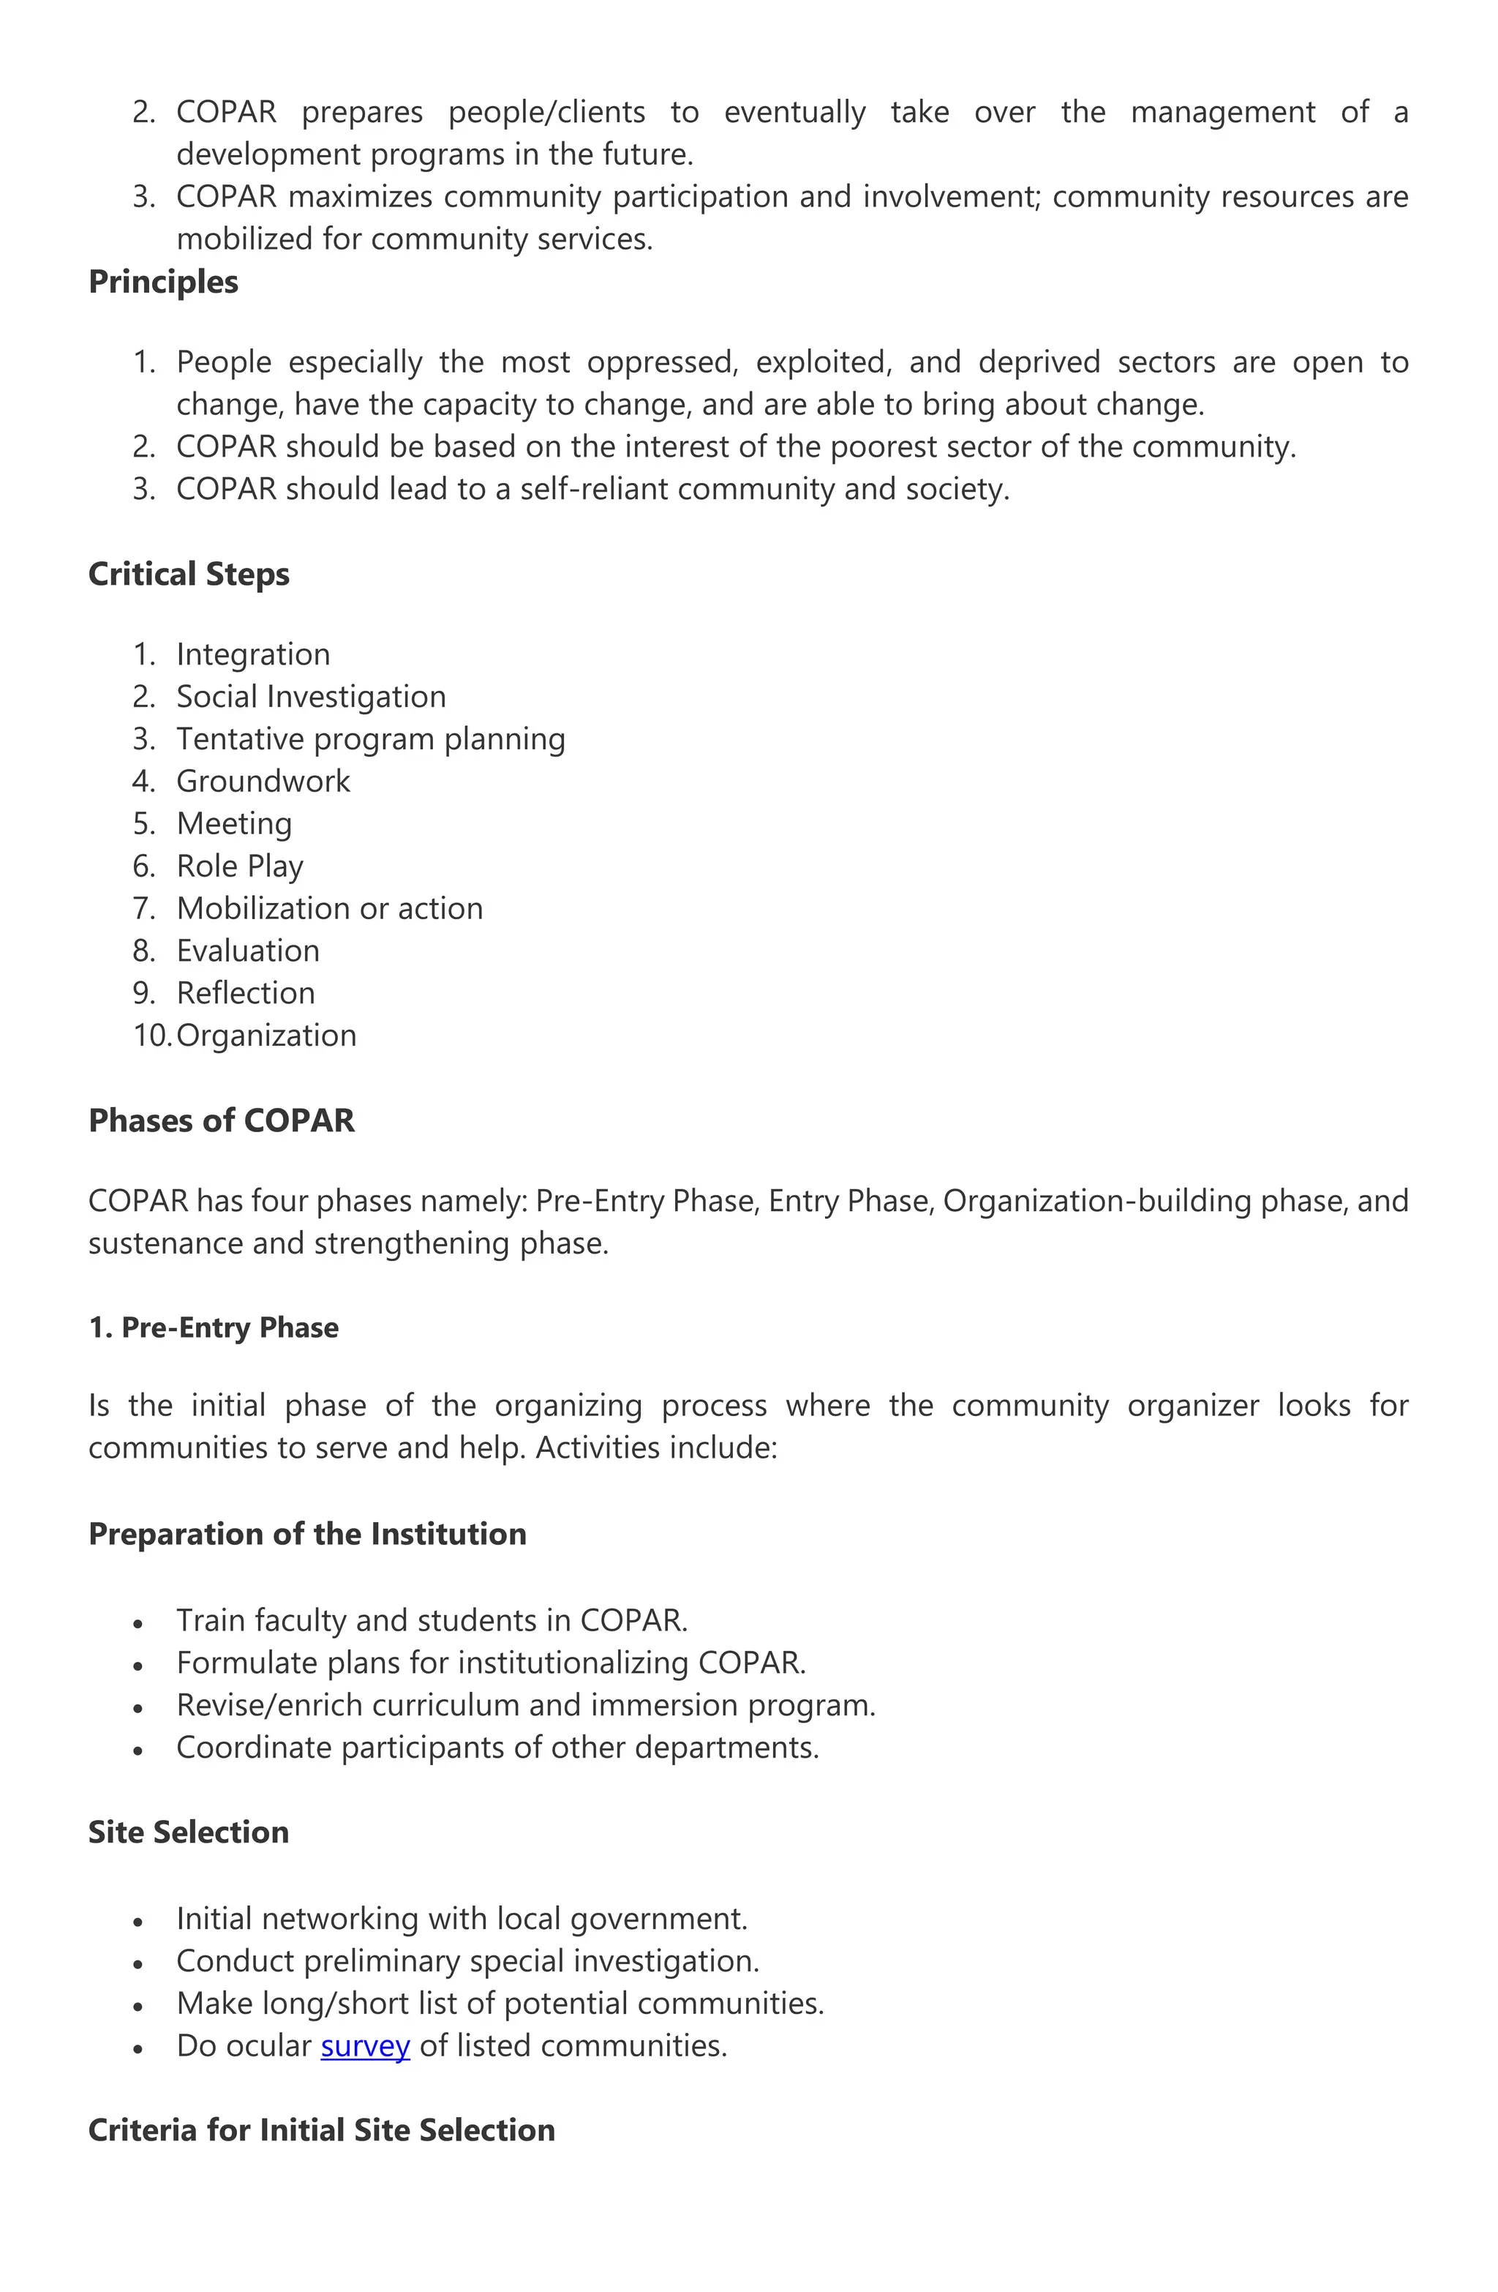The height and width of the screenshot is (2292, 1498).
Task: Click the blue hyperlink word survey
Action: [x=365, y=2045]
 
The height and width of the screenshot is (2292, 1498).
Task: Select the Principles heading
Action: [x=162, y=282]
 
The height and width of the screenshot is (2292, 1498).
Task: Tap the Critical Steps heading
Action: [x=189, y=574]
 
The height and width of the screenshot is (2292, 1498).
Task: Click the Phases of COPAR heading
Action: [x=222, y=1120]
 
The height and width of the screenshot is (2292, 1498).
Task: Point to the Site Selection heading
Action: [x=189, y=1832]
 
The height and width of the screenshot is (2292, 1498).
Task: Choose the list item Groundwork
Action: [x=263, y=781]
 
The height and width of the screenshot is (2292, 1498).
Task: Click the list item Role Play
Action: [x=240, y=866]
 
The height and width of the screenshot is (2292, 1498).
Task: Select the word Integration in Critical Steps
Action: [x=253, y=654]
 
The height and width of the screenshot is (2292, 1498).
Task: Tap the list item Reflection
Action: [x=246, y=993]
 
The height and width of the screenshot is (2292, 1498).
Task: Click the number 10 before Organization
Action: [x=150, y=1035]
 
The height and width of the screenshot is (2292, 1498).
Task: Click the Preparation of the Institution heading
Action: [x=307, y=1534]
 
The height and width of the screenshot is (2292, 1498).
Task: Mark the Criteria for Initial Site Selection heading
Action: [x=322, y=2130]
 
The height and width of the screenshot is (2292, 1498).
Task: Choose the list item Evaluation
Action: [x=247, y=951]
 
